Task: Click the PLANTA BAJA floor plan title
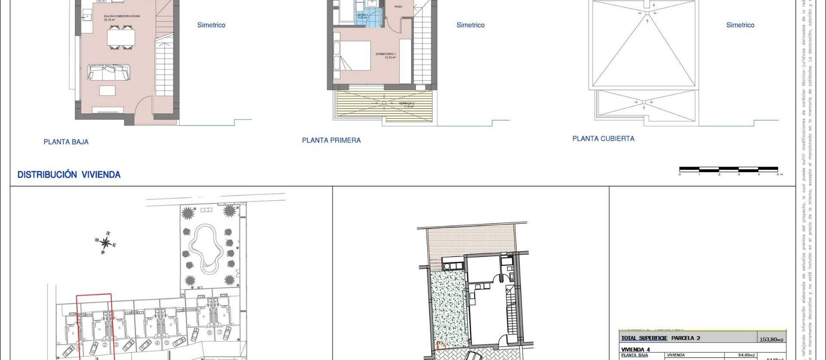[66, 142]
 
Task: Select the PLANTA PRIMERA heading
[331, 140]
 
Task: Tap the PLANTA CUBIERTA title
[603, 138]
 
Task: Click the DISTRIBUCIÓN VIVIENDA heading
[69, 175]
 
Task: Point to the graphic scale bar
[729, 169]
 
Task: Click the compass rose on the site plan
[106, 243]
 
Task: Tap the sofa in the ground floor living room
[109, 73]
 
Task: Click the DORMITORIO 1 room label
[385, 55]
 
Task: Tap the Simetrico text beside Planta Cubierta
[740, 25]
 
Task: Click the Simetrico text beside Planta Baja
[211, 25]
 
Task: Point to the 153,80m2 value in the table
[771, 339]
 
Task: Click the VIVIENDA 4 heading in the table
[635, 350]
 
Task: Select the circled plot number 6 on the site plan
[210, 332]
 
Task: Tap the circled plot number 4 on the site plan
[157, 343]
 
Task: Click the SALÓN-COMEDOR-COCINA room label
[122, 16]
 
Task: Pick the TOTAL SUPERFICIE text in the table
[644, 338]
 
